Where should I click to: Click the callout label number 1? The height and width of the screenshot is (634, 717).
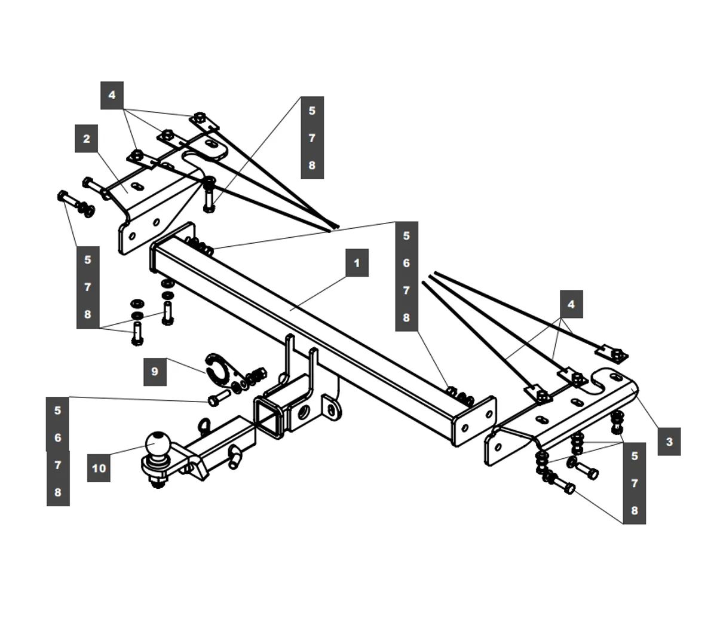(x=357, y=263)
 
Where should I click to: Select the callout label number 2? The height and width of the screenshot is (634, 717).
(x=87, y=139)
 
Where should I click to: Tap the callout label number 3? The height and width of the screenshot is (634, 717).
(x=669, y=442)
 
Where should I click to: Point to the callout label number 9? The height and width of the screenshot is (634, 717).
(x=155, y=372)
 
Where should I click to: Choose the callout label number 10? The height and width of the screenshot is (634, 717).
(x=99, y=468)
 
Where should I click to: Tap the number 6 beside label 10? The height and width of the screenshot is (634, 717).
(x=58, y=438)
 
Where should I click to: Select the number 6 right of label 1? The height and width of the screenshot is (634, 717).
(x=406, y=263)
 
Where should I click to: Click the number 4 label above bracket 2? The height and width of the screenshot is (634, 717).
(x=112, y=95)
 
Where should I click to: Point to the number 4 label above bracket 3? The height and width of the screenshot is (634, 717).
(x=571, y=304)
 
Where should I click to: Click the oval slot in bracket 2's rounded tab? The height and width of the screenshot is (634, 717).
(x=212, y=144)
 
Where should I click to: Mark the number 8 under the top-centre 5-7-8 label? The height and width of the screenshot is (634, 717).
(x=312, y=166)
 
